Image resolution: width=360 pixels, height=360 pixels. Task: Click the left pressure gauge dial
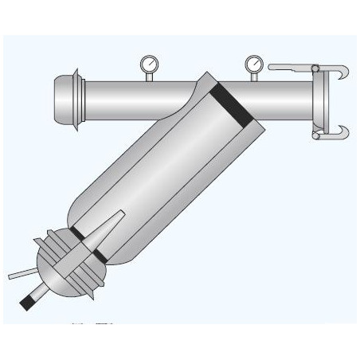147,61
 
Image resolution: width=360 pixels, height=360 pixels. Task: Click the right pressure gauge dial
254,61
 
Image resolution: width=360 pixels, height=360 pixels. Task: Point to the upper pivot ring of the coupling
315,67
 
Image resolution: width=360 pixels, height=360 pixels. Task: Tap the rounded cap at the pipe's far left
61,96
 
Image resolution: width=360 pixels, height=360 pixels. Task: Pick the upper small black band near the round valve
77,230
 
